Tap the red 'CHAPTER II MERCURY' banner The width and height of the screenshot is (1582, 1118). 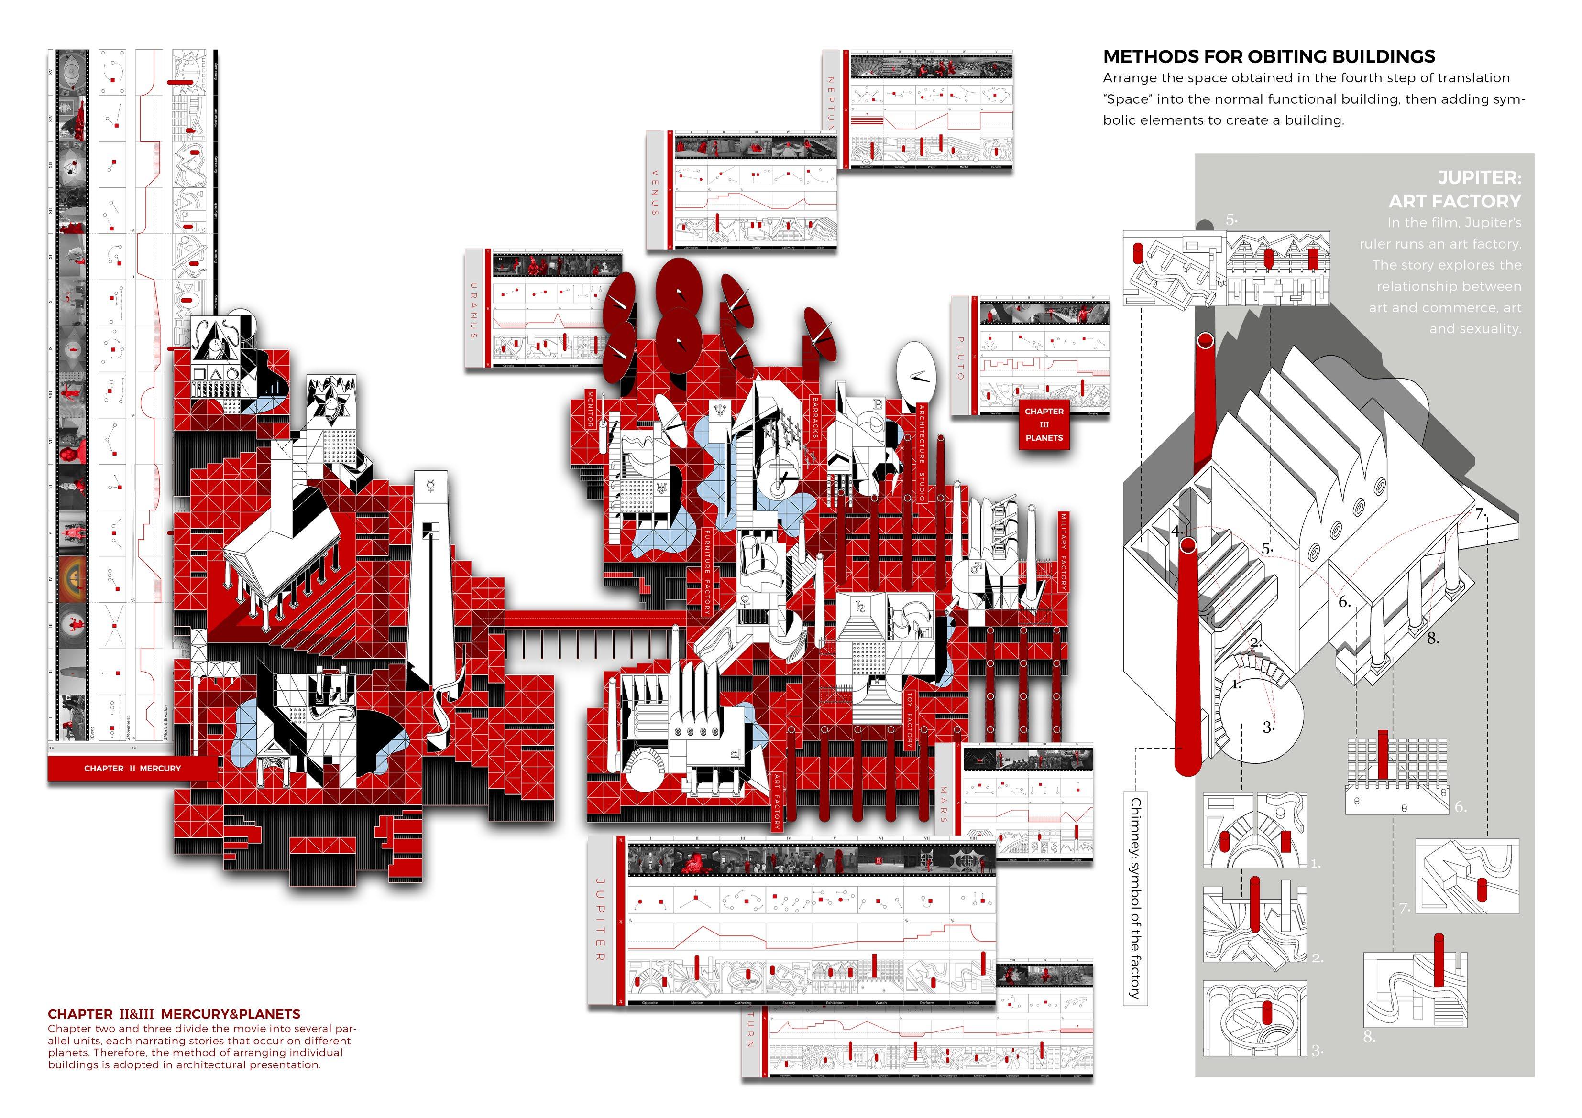click(x=132, y=768)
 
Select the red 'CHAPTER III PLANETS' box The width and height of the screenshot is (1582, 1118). click(x=1044, y=424)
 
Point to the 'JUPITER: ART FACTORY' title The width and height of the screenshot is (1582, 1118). click(x=1454, y=189)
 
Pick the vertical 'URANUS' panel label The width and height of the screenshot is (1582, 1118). click(x=474, y=310)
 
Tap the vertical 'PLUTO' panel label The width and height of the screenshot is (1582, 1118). click(x=960, y=358)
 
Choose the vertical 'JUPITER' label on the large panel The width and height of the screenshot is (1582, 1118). click(x=599, y=919)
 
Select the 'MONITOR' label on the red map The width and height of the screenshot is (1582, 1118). click(x=590, y=409)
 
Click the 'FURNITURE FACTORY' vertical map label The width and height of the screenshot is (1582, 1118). click(x=707, y=571)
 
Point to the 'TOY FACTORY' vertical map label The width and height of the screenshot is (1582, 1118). click(x=910, y=720)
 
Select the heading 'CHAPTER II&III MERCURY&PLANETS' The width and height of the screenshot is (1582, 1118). click(x=174, y=1014)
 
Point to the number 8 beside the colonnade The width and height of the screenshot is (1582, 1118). click(x=1432, y=638)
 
